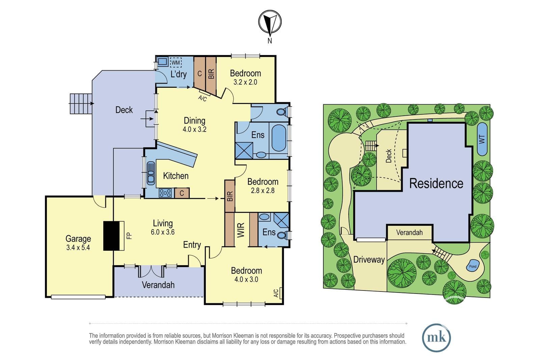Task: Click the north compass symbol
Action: pos(270,22)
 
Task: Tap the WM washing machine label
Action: pos(175,63)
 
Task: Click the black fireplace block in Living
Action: pos(111,236)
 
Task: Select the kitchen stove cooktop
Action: pos(165,193)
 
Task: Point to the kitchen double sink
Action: pos(151,173)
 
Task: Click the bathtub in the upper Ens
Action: pos(279,138)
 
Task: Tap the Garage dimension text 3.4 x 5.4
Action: pos(78,248)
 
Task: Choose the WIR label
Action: pos(241,230)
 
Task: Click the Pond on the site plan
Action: pos(473,266)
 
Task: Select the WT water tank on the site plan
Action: pos(482,139)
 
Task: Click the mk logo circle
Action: pos(436,338)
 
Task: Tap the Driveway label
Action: pos(369,260)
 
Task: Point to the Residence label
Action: pos(436,183)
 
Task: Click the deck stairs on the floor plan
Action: pos(81,104)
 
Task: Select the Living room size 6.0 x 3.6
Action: pos(163,232)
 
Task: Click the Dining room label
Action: pos(194,120)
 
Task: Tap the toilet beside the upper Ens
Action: pos(282,112)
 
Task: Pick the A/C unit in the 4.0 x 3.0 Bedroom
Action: pos(280,293)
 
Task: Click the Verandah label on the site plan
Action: pos(409,232)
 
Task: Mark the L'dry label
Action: pos(179,74)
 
